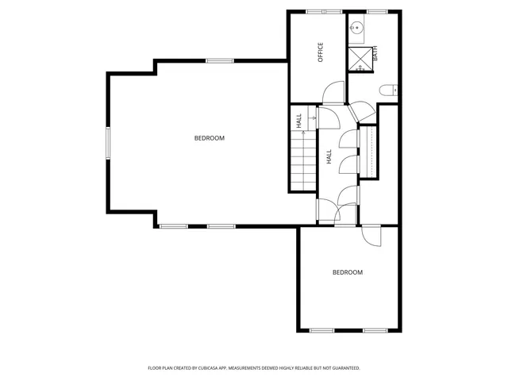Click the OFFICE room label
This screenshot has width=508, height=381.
[x=321, y=52]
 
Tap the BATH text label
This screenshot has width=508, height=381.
[x=375, y=56]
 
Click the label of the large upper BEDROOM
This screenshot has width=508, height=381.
[x=210, y=138]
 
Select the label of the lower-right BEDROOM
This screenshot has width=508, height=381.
[x=347, y=272]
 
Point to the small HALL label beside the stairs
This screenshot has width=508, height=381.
[x=299, y=121]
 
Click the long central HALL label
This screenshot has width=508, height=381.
[x=329, y=157]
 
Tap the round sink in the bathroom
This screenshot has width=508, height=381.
[x=357, y=29]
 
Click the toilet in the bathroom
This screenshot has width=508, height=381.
[x=388, y=90]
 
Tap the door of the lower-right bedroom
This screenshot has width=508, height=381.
[x=371, y=236]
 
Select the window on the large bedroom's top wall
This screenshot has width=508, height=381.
[x=219, y=60]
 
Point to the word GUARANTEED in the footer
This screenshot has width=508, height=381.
[x=343, y=368]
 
